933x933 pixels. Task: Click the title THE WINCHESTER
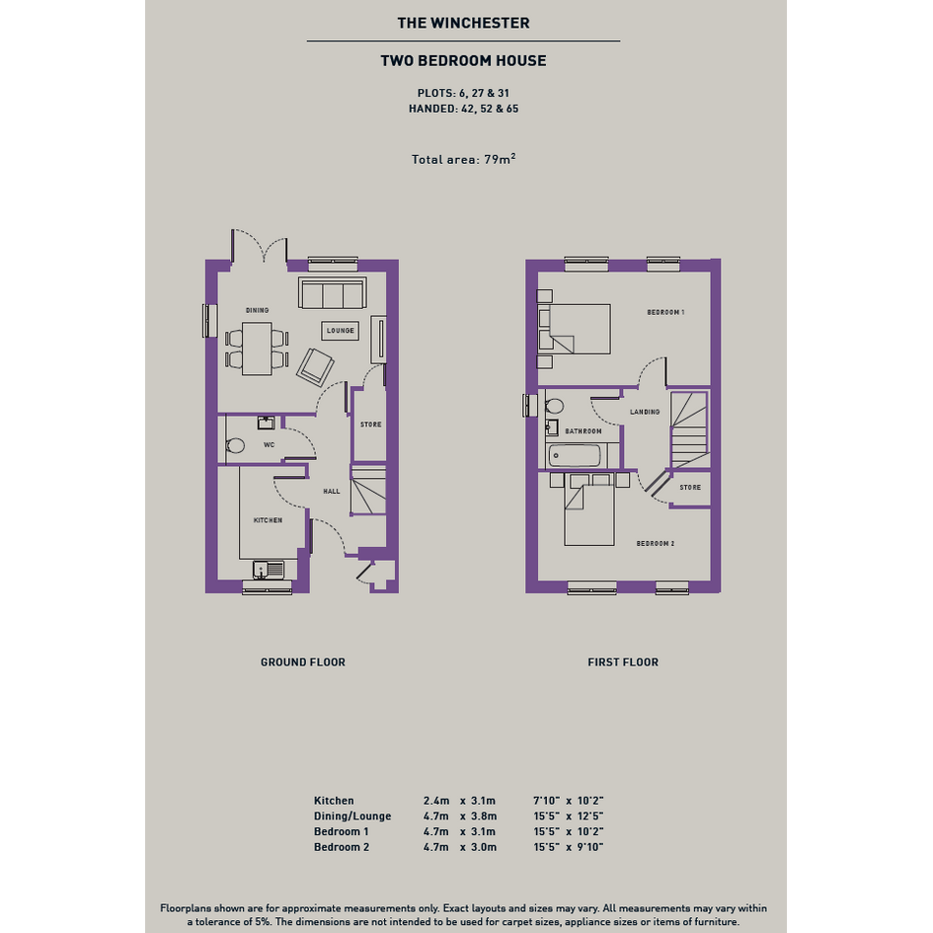463,24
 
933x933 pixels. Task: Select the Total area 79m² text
463,159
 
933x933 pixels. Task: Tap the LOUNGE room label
341,331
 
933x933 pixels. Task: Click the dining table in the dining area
257,349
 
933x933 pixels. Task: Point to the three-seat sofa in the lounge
332,293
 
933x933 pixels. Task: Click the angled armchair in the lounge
315,366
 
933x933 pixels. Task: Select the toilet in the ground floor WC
236,445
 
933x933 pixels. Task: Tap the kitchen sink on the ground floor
269,570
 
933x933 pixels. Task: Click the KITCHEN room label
268,520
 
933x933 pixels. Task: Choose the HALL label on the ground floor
332,492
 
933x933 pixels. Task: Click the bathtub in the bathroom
575,456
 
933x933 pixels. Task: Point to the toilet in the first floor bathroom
555,406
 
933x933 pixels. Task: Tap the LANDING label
645,412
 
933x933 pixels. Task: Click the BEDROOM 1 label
665,312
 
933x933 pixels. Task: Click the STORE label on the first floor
690,488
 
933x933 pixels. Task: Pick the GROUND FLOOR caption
303,662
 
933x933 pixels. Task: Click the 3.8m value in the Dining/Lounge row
484,816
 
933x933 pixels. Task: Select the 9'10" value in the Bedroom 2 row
590,847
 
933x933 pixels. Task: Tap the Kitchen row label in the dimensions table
334,801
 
